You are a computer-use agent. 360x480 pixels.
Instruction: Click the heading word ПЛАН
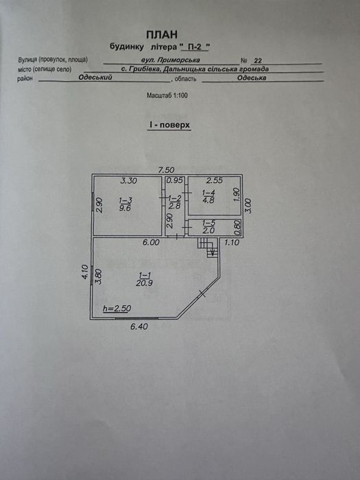[x=162, y=34]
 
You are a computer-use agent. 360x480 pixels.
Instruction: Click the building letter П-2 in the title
[x=195, y=47]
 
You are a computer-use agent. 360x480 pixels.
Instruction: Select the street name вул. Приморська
[x=171, y=60]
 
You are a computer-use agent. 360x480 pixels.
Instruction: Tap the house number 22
[x=258, y=60]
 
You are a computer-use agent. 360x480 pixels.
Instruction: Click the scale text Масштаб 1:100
[x=167, y=95]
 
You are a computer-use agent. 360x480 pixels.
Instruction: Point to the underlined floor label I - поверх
[x=169, y=125]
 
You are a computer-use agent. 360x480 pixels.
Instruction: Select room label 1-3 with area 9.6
[x=125, y=204]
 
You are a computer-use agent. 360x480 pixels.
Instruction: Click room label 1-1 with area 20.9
[x=145, y=279]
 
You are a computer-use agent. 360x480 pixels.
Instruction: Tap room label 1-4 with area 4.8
[x=208, y=197]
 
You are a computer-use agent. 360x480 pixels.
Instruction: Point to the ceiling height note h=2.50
[x=117, y=309]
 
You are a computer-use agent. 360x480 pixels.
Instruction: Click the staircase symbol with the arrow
[x=208, y=247]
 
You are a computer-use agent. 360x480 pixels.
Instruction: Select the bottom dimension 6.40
[x=139, y=326]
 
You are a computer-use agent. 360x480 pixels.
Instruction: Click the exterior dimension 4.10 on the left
[x=85, y=272]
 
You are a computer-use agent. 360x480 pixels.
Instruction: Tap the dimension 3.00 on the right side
[x=248, y=206]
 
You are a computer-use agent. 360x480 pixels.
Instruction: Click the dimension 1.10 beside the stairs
[x=232, y=243]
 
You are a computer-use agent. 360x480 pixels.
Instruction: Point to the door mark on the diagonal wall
[x=202, y=294]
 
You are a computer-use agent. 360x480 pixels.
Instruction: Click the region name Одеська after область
[x=252, y=77]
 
